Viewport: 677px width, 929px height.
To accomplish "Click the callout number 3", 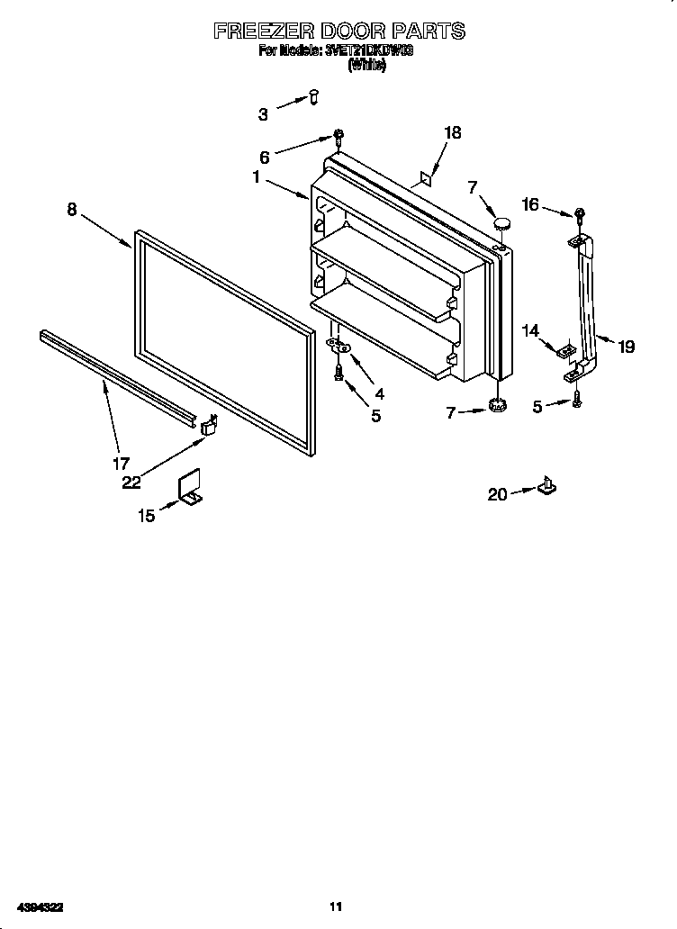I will point(263,114).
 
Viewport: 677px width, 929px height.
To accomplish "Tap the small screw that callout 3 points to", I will point(313,95).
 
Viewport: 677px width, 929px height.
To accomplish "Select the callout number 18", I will point(452,133).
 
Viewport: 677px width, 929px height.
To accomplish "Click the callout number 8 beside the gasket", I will point(72,210).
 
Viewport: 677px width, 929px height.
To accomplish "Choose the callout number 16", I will point(530,205).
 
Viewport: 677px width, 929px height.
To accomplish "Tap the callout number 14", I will point(530,331).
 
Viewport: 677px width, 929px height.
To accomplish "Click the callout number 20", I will point(497,493).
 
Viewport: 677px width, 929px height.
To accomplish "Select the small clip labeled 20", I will point(546,487).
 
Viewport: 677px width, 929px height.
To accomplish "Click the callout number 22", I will point(132,483).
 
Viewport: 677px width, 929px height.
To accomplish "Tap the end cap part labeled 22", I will point(209,425).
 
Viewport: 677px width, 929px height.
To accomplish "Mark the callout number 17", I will point(120,464).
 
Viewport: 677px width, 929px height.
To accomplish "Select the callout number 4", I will point(379,393).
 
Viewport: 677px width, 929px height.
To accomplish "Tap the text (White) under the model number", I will point(366,65).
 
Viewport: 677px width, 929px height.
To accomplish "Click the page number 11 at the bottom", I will point(336,906).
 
